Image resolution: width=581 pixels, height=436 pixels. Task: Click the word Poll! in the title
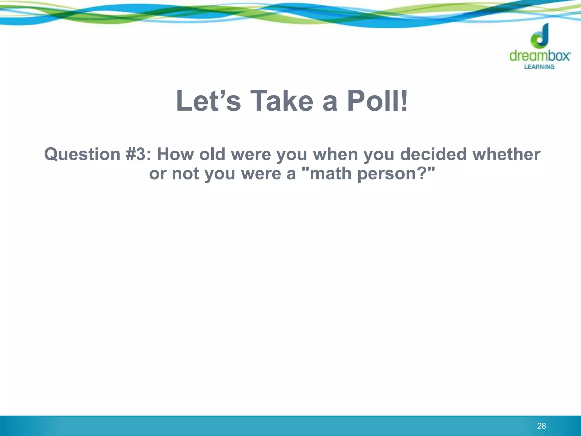(378, 101)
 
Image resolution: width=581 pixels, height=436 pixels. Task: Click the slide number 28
(541, 426)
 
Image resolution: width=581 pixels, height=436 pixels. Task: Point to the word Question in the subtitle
(82, 155)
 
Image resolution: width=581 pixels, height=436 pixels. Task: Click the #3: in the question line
(139, 155)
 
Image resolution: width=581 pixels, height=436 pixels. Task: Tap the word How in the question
(175, 155)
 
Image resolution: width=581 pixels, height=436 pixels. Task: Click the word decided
(433, 155)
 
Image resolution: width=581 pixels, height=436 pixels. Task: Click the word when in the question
(335, 155)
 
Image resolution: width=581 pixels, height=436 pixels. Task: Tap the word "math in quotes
(328, 174)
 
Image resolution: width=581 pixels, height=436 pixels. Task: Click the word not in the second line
(185, 174)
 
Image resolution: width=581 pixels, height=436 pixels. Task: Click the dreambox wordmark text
(540, 56)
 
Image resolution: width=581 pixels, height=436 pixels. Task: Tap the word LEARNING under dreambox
(539, 67)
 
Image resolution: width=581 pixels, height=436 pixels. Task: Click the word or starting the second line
(157, 174)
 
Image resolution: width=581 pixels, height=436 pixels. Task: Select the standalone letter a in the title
(330, 102)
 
